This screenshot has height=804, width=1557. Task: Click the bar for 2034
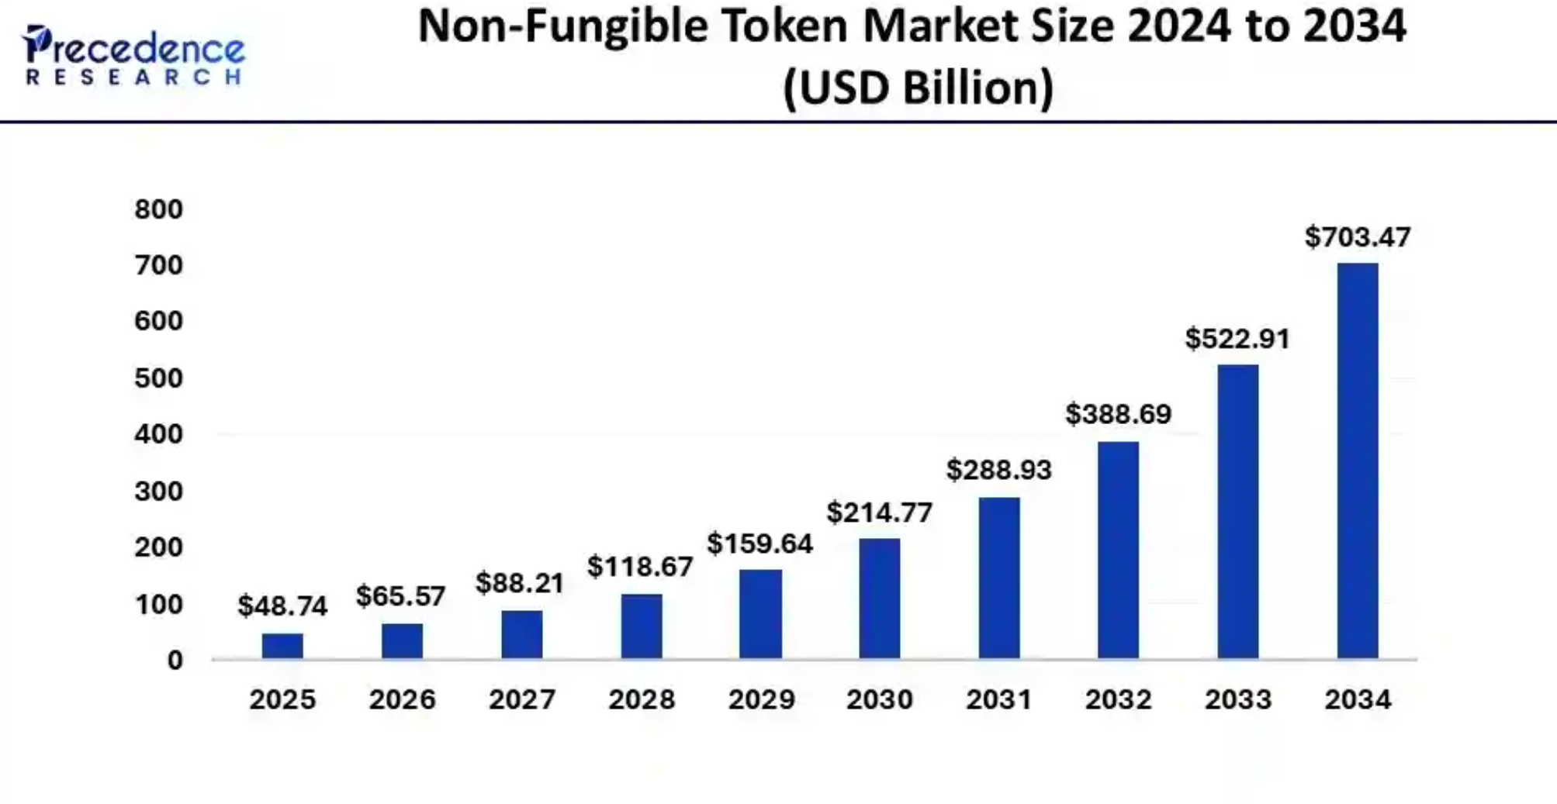(x=1357, y=461)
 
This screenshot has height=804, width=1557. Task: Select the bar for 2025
(x=282, y=646)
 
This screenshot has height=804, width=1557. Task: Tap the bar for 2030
(x=879, y=599)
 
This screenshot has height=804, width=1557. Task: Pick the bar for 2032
(x=1118, y=550)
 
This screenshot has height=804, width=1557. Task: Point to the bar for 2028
(x=642, y=626)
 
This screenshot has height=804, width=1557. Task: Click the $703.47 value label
(x=1357, y=236)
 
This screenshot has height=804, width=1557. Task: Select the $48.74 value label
(x=282, y=606)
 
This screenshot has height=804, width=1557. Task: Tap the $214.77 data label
(x=879, y=512)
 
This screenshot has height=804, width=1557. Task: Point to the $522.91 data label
(x=1237, y=339)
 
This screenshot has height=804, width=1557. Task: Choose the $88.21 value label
(x=520, y=582)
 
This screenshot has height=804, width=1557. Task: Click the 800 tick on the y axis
(x=158, y=209)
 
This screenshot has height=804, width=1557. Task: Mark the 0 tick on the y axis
(x=175, y=660)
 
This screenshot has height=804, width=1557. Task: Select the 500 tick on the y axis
(x=158, y=378)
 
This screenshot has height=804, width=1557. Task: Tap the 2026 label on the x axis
(x=402, y=699)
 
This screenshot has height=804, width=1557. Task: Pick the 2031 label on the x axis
(x=998, y=699)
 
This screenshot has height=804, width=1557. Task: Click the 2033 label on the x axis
(x=1237, y=699)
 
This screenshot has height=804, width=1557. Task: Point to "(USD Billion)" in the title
(x=918, y=87)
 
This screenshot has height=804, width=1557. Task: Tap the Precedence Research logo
(x=134, y=54)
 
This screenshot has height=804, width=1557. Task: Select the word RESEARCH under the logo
(x=134, y=77)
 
